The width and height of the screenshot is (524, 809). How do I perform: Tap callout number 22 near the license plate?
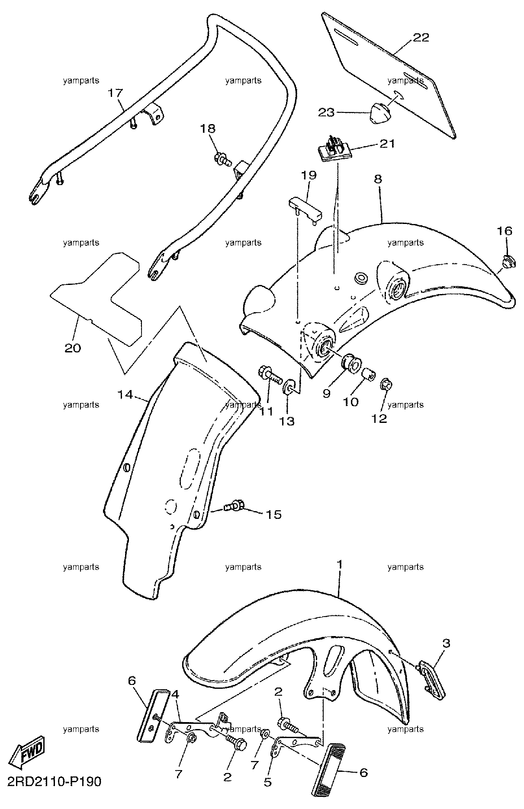tap(420, 38)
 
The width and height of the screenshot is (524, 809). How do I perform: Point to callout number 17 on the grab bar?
tap(116, 93)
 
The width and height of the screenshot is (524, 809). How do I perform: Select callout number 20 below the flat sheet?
tap(73, 348)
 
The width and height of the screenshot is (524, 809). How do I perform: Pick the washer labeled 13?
tap(289, 386)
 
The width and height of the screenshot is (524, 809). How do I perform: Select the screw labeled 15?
tap(235, 505)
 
